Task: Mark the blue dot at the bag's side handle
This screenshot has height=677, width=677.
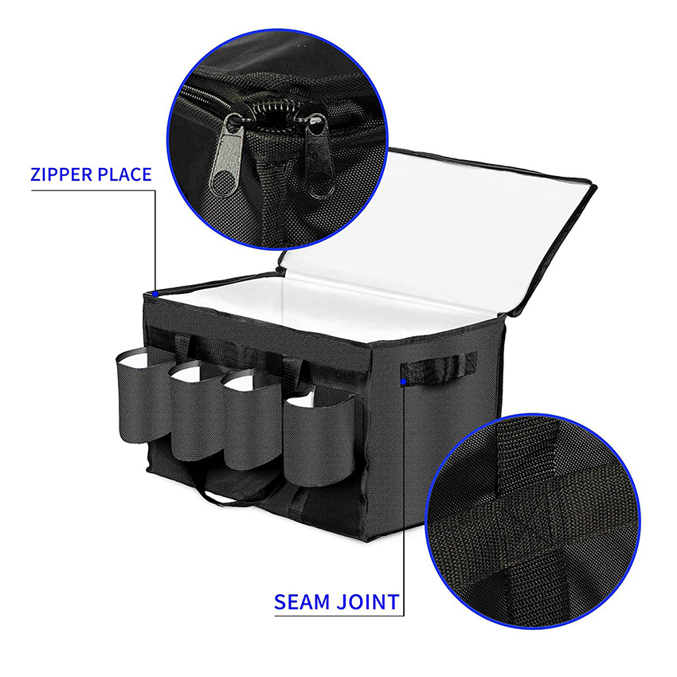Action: click(x=405, y=382)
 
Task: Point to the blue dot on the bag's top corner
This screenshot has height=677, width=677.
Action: click(x=156, y=292)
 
